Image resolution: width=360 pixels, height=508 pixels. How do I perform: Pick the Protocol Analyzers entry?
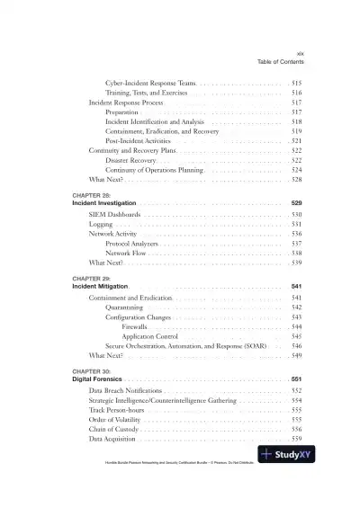(134, 244)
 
